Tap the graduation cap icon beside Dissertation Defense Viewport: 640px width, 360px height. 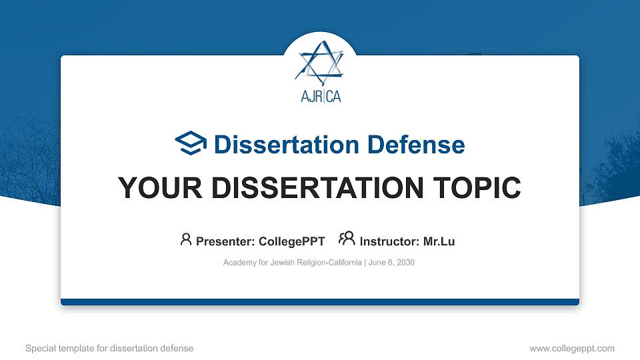point(191,143)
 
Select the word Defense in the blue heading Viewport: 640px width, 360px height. point(415,145)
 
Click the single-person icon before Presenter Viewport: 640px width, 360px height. point(186,239)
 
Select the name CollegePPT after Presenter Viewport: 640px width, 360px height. point(293,241)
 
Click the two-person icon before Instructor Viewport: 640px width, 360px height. point(347,239)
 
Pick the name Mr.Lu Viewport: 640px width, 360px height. point(439,241)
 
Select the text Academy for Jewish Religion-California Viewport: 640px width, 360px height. point(293,263)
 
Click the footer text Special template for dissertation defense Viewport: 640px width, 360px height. point(109,348)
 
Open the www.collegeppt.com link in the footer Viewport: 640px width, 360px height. point(571,348)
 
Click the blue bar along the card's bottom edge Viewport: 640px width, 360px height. point(320,302)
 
